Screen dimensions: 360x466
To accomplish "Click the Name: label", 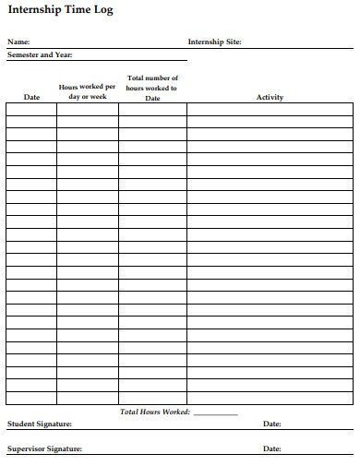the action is point(18,42).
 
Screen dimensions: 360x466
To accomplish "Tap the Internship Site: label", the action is point(214,42).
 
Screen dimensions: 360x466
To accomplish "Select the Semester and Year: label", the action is point(40,55).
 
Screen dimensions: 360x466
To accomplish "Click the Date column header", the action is point(31,97).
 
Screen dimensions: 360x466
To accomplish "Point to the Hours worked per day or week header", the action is point(88,91).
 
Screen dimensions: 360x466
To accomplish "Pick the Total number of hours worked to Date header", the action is point(152,89).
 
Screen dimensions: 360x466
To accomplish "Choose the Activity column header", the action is point(270,97).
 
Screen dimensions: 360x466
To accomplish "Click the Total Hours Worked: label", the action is point(155,412).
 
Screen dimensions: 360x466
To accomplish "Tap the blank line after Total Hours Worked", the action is point(215,413).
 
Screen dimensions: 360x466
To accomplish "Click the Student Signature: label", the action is point(40,424).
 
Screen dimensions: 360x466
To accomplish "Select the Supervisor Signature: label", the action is point(44,448).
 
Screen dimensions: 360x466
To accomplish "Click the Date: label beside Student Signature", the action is point(272,424).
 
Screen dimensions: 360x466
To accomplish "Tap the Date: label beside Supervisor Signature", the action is point(272,448).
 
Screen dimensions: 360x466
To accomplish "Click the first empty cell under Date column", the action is point(31,108).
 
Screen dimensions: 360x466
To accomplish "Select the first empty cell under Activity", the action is point(270,108).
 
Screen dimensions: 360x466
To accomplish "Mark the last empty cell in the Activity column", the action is point(270,399).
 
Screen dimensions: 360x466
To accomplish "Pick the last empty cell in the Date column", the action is point(31,399).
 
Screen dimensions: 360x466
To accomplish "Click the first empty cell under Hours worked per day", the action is point(88,108).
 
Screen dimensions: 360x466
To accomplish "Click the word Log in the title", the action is point(103,11).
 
